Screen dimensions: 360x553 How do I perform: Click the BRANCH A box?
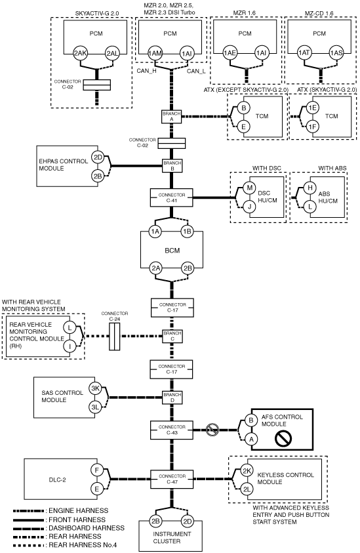point(172,116)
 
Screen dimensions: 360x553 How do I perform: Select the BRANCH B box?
point(172,166)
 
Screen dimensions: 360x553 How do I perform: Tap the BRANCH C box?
point(172,336)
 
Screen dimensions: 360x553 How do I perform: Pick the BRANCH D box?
point(172,398)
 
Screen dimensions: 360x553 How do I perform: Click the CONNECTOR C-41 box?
point(172,197)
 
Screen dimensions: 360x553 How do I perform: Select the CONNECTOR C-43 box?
point(172,430)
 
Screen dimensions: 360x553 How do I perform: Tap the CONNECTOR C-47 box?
point(172,479)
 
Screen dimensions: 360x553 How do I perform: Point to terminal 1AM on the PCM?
point(155,54)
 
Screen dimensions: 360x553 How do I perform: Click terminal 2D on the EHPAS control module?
point(98,157)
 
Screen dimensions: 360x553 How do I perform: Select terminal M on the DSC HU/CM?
point(249,188)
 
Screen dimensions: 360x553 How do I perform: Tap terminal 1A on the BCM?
point(155,232)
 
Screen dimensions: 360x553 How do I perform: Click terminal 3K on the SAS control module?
point(95,388)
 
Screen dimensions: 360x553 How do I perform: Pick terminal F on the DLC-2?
point(96,470)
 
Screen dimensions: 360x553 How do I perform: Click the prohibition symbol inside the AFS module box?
point(283,438)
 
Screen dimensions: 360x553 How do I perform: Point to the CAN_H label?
point(147,71)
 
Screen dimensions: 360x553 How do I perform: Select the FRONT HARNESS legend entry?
point(77,520)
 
